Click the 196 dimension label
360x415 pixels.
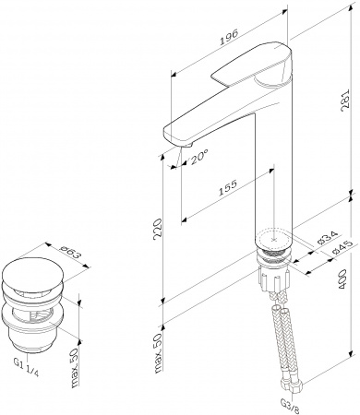point(229,37)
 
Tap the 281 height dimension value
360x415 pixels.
point(346,99)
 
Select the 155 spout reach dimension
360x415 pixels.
point(228,188)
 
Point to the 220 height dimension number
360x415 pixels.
point(158,228)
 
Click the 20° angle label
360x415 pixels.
point(198,158)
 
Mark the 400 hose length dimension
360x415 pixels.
point(342,279)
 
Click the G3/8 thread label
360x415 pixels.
point(290,404)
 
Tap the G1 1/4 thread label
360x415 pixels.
point(26,368)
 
